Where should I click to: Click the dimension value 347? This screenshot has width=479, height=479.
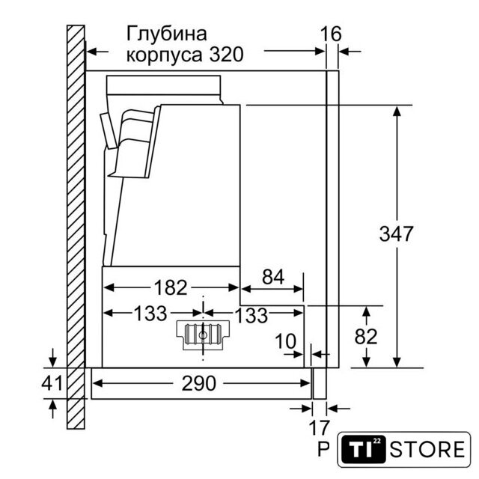point(396,234)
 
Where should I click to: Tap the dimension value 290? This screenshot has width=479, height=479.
point(199,383)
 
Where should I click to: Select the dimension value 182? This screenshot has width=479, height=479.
point(171,287)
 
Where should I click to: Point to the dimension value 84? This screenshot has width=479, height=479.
point(272,276)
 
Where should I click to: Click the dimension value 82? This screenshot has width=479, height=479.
point(366,336)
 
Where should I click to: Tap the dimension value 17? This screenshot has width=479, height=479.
point(320,427)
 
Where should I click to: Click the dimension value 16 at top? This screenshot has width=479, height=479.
point(331,34)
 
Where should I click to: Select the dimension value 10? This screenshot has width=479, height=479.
point(285,341)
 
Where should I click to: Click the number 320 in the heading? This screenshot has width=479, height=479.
point(226,55)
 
